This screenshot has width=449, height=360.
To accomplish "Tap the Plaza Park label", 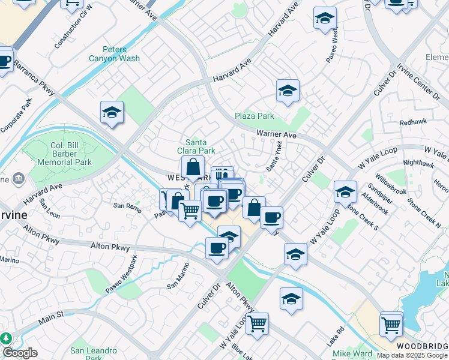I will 254,116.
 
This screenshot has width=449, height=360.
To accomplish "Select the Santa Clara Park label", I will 200,146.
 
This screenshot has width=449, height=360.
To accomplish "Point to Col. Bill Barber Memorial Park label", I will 64,154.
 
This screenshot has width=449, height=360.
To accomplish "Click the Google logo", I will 20,353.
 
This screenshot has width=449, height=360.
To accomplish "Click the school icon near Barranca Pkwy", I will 112,112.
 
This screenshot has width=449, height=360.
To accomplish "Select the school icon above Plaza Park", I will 288,91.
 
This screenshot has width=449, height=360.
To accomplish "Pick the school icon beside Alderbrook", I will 345,192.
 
